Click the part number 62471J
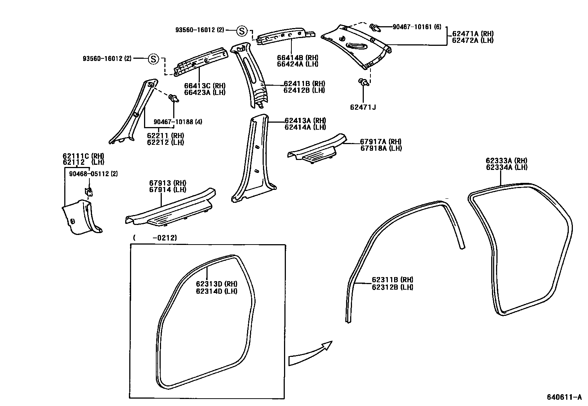coord(363,108)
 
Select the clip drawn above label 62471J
coord(363,82)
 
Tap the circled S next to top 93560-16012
coord(242,31)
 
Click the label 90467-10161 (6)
coord(417,27)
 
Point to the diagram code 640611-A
coord(564,398)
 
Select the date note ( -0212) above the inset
coord(155,238)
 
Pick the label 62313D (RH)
coord(216,284)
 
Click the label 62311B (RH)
coord(392,280)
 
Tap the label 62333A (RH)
coord(506,161)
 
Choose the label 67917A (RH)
coord(381,141)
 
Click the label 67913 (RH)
coord(167,183)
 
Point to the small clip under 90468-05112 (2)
coord(89,191)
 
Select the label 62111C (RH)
coord(83,156)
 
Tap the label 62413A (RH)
coord(305,121)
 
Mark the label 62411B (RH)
coord(304,84)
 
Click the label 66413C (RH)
coord(205,86)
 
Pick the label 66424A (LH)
coord(297,64)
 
